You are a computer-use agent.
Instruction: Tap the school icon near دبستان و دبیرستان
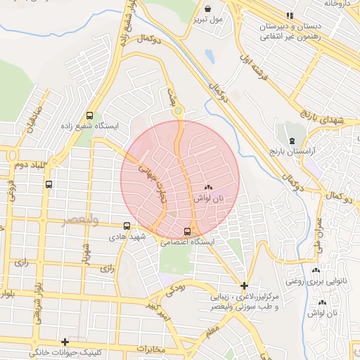click(289, 15)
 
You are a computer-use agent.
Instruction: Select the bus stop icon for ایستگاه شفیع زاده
click(89, 116)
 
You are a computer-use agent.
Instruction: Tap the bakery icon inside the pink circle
click(207, 187)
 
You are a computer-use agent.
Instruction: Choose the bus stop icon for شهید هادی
click(127, 226)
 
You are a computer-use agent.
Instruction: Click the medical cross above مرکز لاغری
click(244, 285)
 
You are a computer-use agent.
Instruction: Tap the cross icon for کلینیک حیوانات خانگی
click(65, 342)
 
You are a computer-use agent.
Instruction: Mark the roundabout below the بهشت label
click(178, 110)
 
